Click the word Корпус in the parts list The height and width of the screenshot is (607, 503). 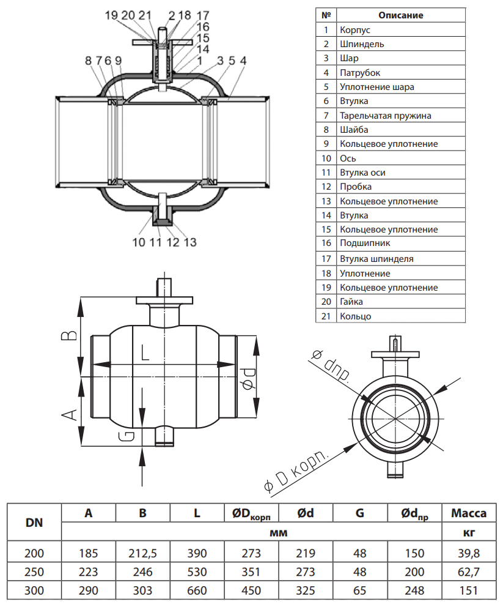click(355, 29)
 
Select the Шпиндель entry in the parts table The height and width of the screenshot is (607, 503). click(362, 44)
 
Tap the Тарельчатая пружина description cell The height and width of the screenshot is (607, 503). click(386, 115)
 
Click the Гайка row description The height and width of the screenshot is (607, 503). click(351, 302)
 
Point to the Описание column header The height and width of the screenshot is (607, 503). click(400, 15)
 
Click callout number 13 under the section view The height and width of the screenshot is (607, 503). click(189, 242)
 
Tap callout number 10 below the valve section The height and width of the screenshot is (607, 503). click(138, 242)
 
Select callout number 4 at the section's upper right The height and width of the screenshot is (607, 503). click(243, 61)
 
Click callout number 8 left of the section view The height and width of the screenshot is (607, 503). click(89, 61)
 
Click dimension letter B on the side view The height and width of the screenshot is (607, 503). click(72, 334)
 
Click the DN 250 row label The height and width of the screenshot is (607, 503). click(34, 573)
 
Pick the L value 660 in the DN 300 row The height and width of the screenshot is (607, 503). click(197, 591)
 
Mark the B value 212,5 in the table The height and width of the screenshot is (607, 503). click(142, 554)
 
